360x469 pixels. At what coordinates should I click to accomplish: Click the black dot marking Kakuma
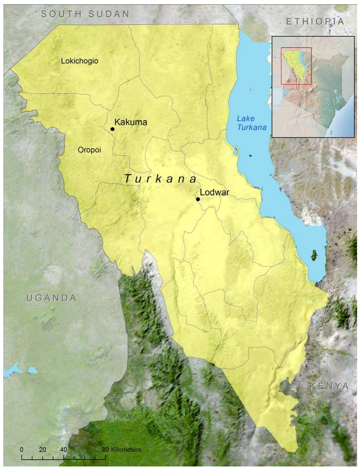[x=112, y=129]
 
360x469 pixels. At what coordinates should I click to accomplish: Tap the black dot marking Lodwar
[x=198, y=199]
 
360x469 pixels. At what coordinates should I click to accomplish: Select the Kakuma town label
[x=131, y=122]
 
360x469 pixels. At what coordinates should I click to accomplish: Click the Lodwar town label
[x=215, y=192]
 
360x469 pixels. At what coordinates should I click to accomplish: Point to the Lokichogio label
[x=80, y=61]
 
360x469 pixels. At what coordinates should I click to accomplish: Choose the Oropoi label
[x=89, y=150]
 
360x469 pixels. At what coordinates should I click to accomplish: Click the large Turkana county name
[x=160, y=179]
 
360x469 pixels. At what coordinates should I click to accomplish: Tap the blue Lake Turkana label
[x=251, y=123]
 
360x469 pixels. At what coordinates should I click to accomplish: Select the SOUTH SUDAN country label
[x=85, y=14]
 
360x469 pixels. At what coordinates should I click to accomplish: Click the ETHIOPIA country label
[x=315, y=22]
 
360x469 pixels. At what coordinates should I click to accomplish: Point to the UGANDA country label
[x=51, y=298]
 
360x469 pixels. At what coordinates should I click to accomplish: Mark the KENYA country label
[x=329, y=386]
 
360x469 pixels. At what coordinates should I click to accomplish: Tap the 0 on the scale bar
[x=22, y=450]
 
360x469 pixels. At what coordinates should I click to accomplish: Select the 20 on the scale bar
[x=42, y=450]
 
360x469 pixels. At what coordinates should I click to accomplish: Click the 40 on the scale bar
[x=64, y=450]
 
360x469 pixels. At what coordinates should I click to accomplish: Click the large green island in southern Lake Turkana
[x=313, y=255]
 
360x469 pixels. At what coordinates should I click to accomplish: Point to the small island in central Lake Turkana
[x=251, y=156]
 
